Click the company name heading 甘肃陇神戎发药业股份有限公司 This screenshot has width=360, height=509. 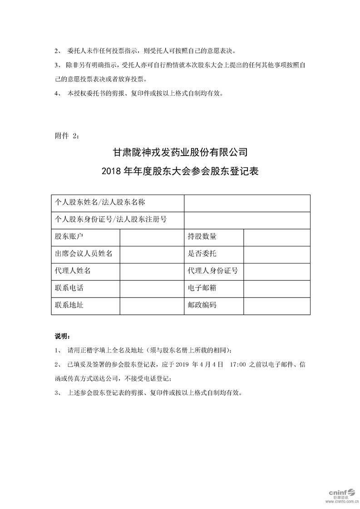tap(180, 151)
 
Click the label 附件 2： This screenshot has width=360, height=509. tap(67, 135)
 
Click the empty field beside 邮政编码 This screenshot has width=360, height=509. tap(277, 305)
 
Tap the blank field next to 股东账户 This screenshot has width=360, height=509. tap(152, 236)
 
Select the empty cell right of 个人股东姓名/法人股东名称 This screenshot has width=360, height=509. tap(247, 203)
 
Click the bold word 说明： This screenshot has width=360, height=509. tap(62, 336)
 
